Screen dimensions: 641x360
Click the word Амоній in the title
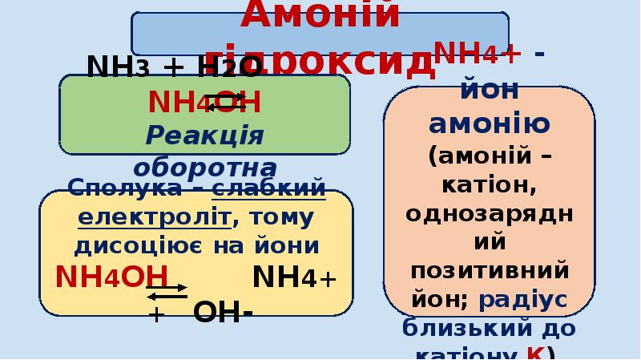point(320,14)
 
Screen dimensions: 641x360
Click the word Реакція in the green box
point(204,134)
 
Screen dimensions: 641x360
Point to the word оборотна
point(204,168)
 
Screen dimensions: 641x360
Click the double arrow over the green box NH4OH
point(224,101)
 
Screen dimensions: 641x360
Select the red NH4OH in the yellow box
point(111,277)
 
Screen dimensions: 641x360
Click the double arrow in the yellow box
point(167,291)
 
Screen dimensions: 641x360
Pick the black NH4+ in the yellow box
point(294,277)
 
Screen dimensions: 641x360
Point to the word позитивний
point(490,269)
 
